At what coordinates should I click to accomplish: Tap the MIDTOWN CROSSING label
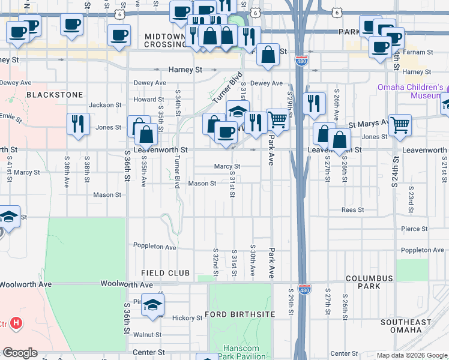point(166,41)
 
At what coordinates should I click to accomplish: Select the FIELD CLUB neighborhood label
point(165,273)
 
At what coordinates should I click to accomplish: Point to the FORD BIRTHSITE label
point(240,314)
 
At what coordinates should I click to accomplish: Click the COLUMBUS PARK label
point(369,282)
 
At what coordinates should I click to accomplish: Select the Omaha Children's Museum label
point(410,91)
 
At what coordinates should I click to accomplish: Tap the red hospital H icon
point(17,323)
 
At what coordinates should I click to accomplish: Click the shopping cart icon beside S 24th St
point(400,125)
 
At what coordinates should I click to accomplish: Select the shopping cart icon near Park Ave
point(277,119)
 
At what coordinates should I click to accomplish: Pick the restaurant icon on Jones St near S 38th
point(78,124)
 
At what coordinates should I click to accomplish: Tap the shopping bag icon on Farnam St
point(268,55)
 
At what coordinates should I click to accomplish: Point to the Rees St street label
point(352,210)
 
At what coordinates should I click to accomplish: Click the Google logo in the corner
point(20,353)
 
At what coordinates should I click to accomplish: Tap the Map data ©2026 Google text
point(411,355)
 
